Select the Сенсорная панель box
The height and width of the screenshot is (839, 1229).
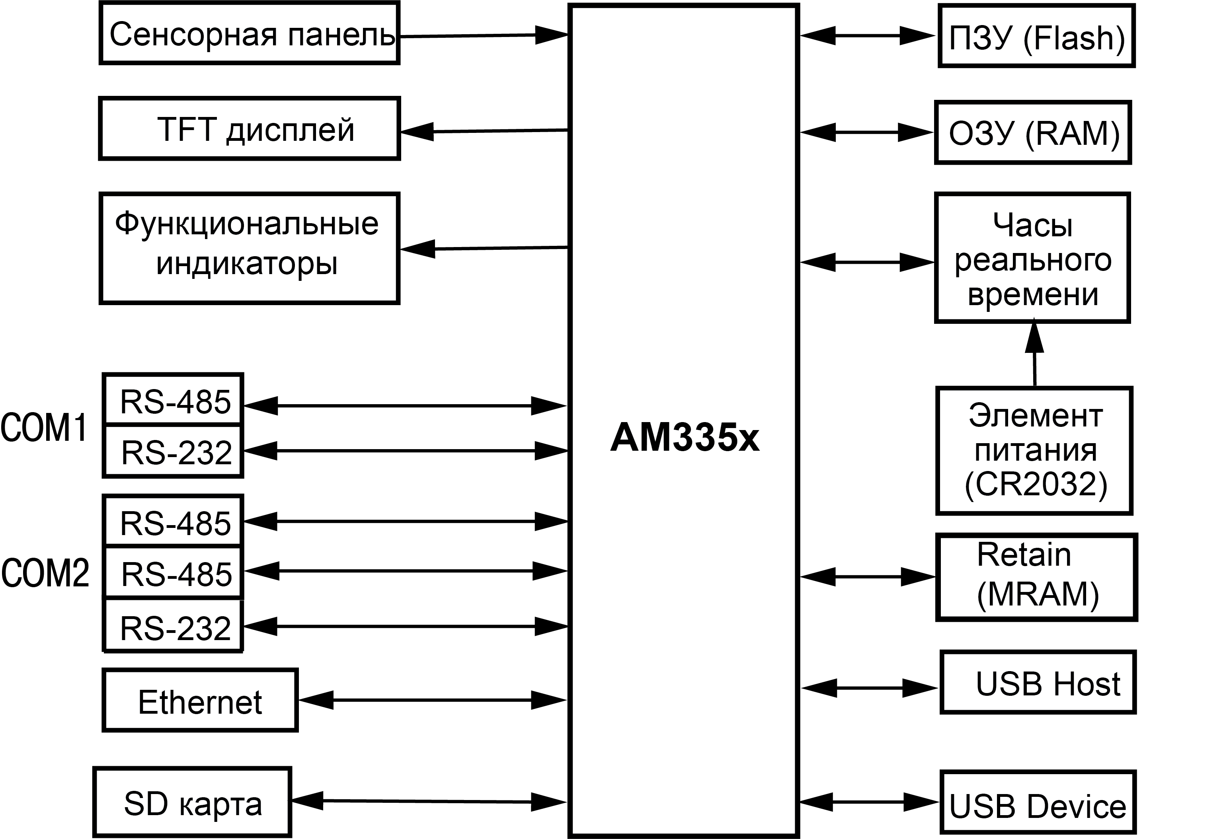click(x=249, y=34)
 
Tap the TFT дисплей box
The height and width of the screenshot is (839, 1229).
click(x=249, y=128)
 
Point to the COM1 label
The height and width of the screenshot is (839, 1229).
click(x=44, y=427)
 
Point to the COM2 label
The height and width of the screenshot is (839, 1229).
click(x=45, y=573)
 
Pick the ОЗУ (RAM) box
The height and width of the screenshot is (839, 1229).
click(x=1033, y=133)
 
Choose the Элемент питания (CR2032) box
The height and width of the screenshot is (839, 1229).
click(x=1034, y=450)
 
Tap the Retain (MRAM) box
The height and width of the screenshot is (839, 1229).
click(x=1036, y=576)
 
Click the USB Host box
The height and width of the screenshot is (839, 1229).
click(x=1038, y=683)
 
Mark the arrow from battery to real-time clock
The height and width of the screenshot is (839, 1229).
click(x=1034, y=354)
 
